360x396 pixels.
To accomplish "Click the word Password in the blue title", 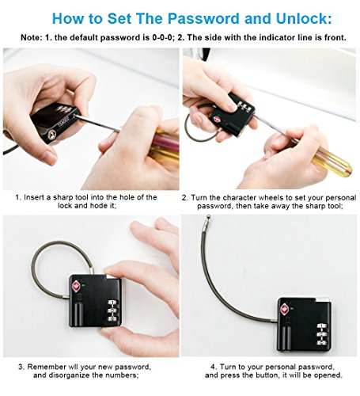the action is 203,18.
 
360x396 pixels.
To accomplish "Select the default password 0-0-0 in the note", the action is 163,37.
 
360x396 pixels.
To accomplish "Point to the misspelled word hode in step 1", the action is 99,206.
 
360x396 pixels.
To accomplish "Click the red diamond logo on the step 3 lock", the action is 77,286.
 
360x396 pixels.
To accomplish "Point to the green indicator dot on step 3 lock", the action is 83,285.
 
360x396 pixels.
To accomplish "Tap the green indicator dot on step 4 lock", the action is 292,308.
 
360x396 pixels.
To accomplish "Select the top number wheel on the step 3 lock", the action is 112,303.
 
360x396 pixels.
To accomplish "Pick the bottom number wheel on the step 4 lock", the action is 321,342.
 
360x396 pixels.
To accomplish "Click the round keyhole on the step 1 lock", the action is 52,135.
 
